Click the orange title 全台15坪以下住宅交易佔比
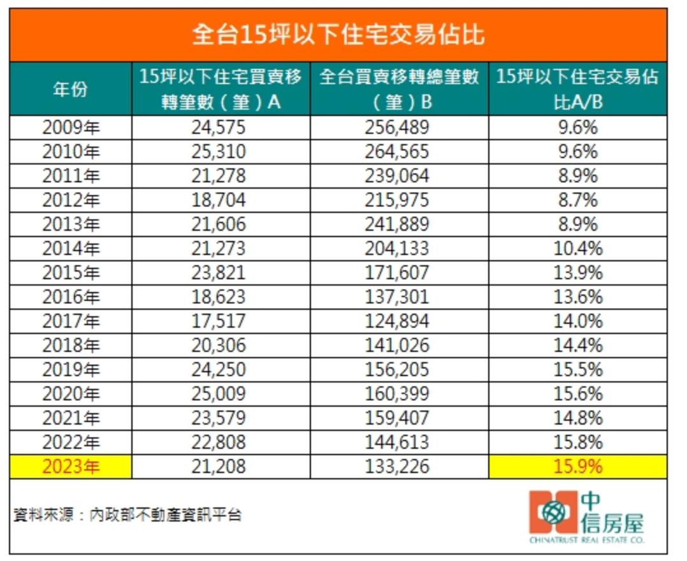(x=338, y=35)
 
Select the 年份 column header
(x=70, y=89)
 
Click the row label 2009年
(x=71, y=127)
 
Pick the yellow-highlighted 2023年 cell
(x=71, y=467)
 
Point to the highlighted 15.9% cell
(x=577, y=467)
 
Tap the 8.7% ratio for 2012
(x=577, y=200)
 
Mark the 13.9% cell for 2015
(x=577, y=273)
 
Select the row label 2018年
(x=71, y=346)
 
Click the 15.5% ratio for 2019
(x=577, y=370)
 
